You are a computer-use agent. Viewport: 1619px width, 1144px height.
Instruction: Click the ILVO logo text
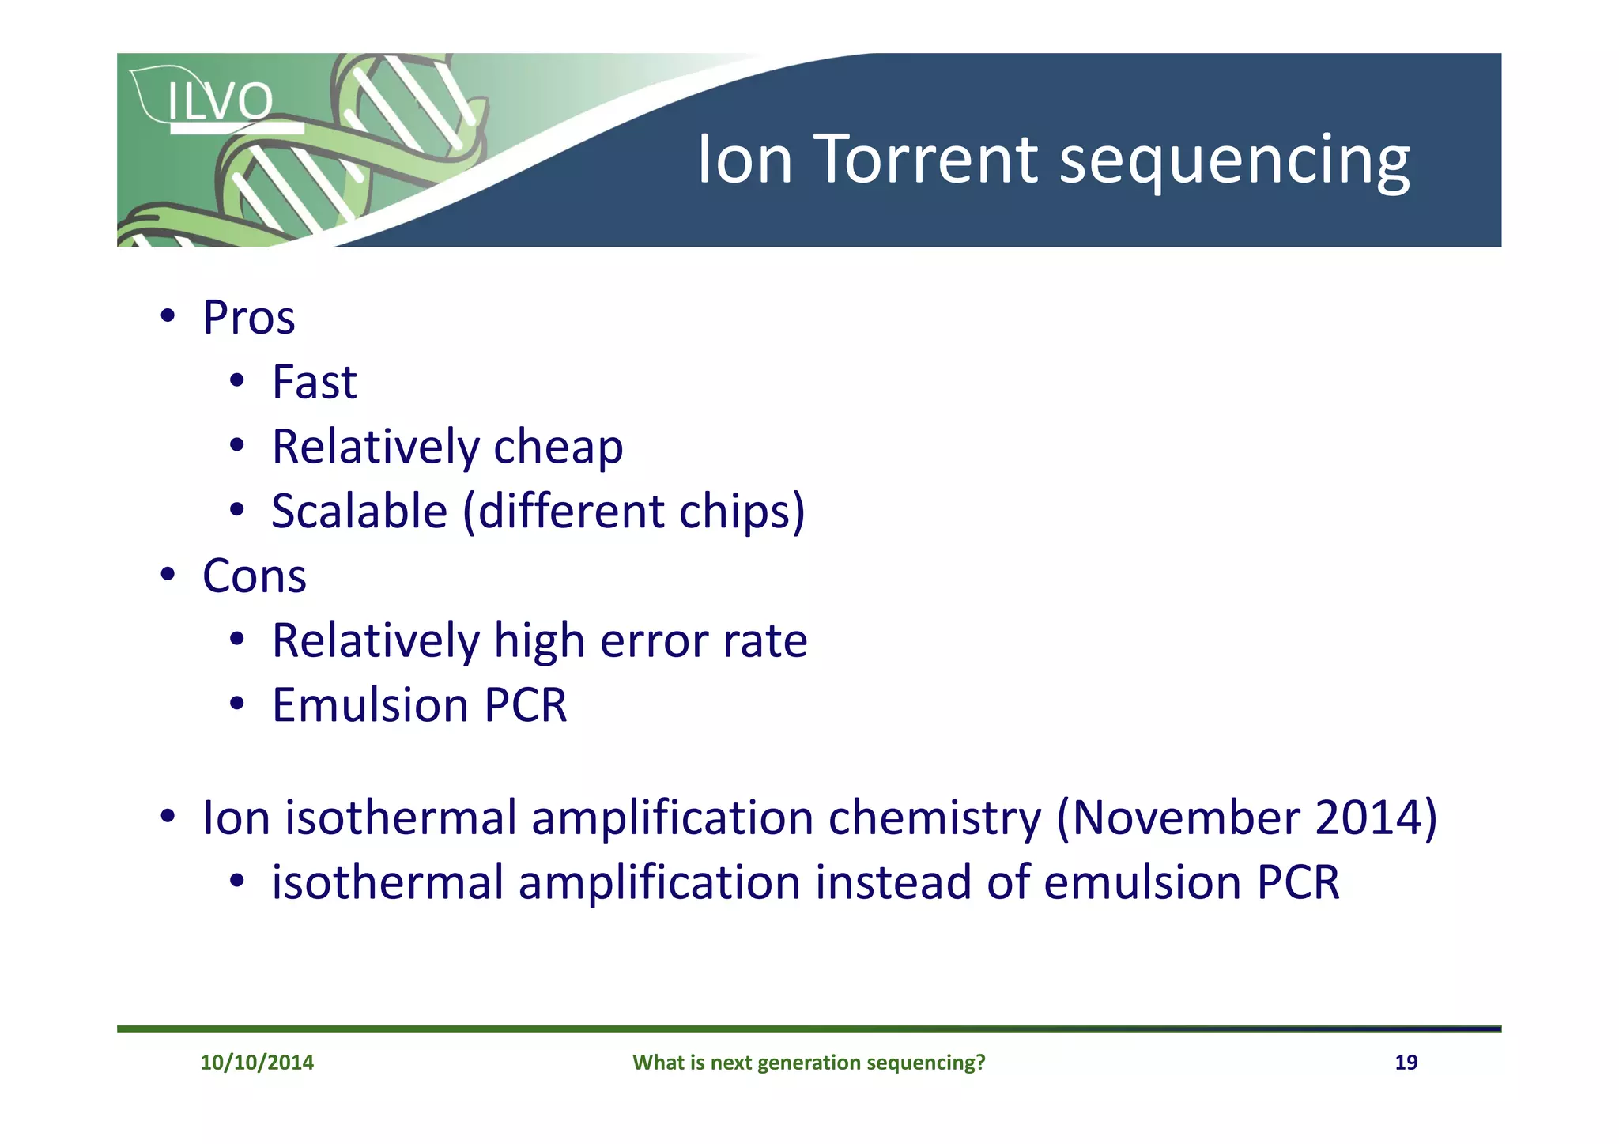(220, 102)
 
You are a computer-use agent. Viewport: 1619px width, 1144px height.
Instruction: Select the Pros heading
(248, 318)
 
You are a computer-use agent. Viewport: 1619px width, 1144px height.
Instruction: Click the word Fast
(314, 383)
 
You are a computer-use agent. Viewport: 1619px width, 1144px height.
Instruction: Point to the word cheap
(558, 447)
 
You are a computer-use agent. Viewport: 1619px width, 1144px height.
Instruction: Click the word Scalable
(360, 512)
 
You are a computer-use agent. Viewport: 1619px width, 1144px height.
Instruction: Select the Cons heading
(254, 576)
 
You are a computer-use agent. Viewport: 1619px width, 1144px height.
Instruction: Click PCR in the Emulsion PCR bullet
(526, 705)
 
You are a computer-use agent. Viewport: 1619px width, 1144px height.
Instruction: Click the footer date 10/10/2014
(257, 1063)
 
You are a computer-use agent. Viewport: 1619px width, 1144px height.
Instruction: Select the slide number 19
(1406, 1063)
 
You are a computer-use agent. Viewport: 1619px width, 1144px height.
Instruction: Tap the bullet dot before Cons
(167, 575)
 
